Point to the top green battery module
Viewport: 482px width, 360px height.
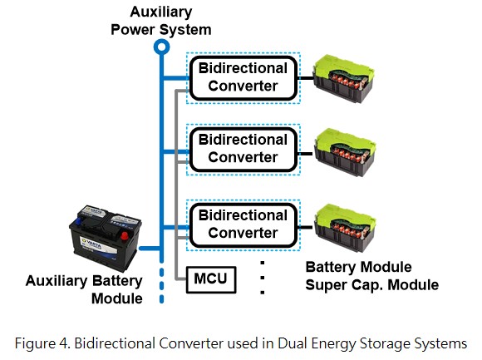[x=343, y=78]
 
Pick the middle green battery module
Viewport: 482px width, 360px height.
[x=344, y=152]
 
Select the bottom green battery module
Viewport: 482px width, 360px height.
[x=344, y=228]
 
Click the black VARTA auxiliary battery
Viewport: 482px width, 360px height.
[x=106, y=239]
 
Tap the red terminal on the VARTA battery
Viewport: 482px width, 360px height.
[x=125, y=236]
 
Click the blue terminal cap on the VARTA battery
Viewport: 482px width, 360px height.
[x=79, y=221]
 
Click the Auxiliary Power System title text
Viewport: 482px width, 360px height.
[x=161, y=21]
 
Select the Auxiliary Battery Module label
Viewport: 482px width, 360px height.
[x=84, y=289]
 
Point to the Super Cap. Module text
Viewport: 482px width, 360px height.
[x=372, y=285]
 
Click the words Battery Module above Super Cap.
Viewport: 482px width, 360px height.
[x=358, y=267]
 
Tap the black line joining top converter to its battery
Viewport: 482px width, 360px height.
[x=306, y=78]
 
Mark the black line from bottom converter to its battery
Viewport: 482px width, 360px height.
[x=306, y=227]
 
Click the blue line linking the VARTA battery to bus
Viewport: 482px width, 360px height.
[x=150, y=248]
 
